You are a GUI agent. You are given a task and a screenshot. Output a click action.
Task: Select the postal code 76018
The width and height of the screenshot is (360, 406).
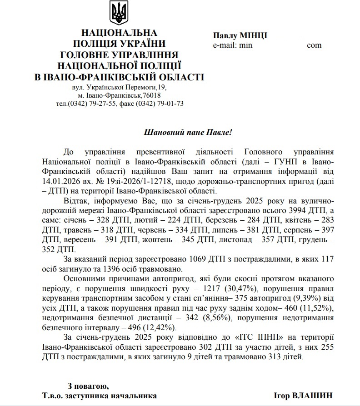tap(151, 95)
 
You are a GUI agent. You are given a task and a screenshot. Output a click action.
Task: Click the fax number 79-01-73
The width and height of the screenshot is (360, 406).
tap(170, 104)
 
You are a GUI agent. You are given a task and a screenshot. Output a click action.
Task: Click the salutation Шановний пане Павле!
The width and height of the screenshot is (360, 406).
tap(188, 133)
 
